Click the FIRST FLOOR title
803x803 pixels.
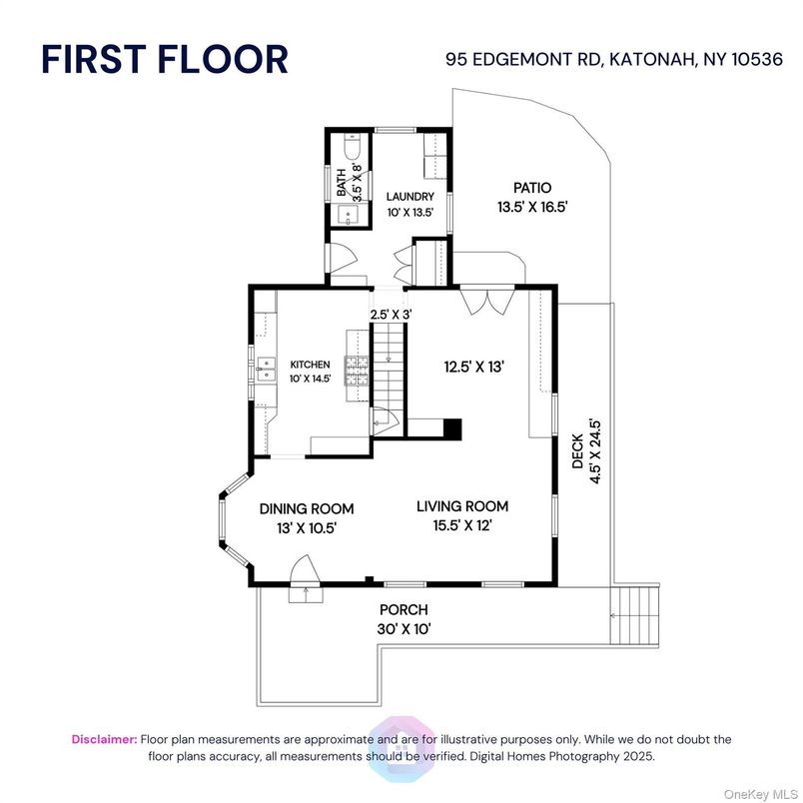tap(165, 59)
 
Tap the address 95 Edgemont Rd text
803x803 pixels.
tap(522, 59)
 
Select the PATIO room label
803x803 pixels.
tap(532, 188)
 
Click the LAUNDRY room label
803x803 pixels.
tap(410, 196)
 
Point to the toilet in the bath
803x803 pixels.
tap(353, 146)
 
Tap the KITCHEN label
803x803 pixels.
tap(310, 365)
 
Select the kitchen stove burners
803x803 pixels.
tap(357, 371)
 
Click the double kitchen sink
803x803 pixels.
tap(266, 370)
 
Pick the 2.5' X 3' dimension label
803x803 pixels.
tap(392, 315)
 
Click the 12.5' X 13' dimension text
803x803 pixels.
tap(474, 367)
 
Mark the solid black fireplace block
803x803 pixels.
tap(452, 429)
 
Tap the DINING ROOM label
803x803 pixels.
tap(307, 508)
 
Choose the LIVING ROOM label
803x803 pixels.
tap(462, 506)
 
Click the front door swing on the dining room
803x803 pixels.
tap(306, 569)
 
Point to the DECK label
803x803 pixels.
tap(577, 451)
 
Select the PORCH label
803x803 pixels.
tap(403, 610)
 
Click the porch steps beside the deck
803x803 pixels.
tap(634, 616)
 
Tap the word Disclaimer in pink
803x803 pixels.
tap(105, 739)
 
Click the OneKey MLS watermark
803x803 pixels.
tap(761, 795)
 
